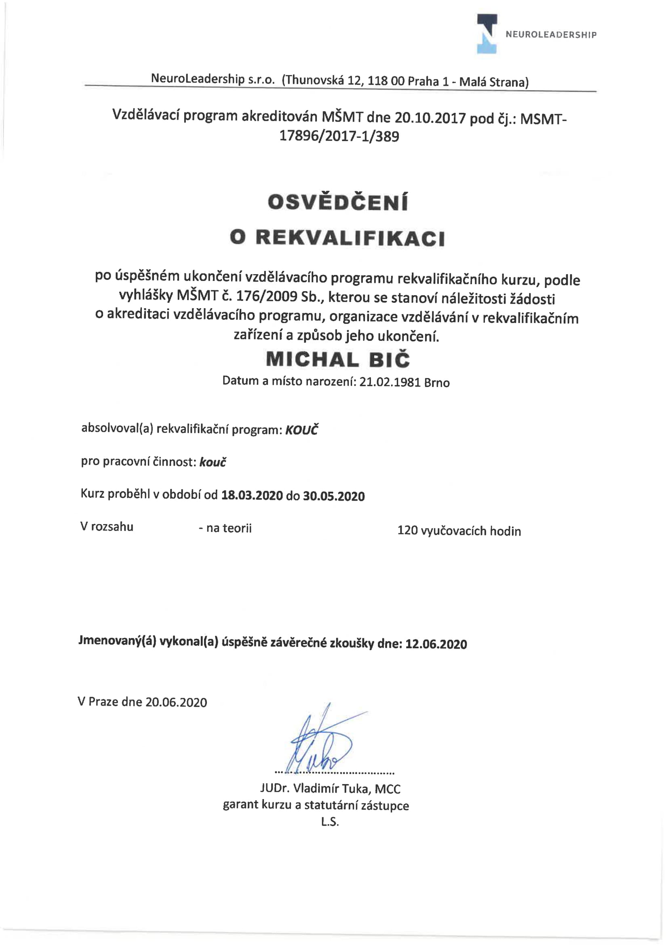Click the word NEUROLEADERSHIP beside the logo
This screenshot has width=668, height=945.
[x=551, y=35]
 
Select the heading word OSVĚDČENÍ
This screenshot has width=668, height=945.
[x=338, y=202]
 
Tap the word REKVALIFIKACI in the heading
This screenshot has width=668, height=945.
[x=350, y=238]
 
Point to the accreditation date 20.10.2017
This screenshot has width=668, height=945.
[x=430, y=118]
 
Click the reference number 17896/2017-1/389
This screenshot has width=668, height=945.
[x=339, y=136]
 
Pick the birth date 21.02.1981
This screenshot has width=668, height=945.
[x=390, y=382]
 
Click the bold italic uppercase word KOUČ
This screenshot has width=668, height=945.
[x=301, y=430]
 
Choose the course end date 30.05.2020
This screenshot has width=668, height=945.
[x=333, y=496]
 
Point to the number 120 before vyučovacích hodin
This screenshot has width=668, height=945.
[x=407, y=531]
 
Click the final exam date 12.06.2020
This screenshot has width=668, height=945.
[x=436, y=644]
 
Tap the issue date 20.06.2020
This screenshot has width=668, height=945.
[x=176, y=702]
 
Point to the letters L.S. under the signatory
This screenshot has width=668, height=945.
[x=330, y=822]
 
